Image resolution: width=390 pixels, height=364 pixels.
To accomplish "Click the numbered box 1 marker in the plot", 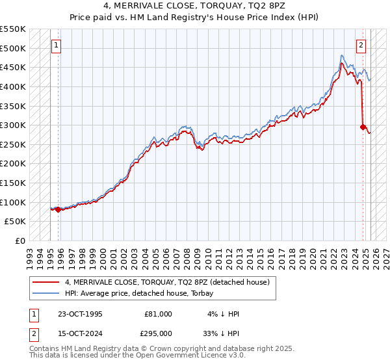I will [57, 45].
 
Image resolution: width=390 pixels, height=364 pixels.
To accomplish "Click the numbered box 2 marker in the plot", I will [361, 45].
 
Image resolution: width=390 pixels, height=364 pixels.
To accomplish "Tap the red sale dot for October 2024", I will [363, 127].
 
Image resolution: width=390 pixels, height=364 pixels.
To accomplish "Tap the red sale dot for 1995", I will [58, 209].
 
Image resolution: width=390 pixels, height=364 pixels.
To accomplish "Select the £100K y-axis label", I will [14, 202].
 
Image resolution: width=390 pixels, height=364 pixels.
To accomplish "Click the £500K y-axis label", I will [14, 48].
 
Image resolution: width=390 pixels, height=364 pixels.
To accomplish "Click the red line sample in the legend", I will [46, 282].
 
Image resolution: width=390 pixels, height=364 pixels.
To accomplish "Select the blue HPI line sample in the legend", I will [46, 293].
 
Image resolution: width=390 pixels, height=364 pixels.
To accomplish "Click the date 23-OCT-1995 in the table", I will [79, 314].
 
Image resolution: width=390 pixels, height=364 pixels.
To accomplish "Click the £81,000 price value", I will [158, 314].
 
